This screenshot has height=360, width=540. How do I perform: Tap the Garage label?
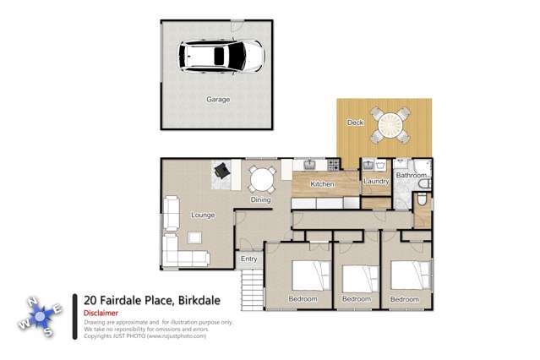[x=218, y=99]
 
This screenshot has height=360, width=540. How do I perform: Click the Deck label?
[x=355, y=123]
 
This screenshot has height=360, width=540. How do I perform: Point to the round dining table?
[x=261, y=179]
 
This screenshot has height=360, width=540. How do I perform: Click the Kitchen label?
[x=322, y=184]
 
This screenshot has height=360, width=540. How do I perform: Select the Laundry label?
[x=375, y=182]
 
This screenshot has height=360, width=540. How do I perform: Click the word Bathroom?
[x=412, y=176]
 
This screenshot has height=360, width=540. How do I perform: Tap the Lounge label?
[x=203, y=215]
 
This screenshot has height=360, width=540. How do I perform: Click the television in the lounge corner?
[x=221, y=170]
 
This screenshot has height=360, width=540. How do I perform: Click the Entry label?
[x=249, y=259]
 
